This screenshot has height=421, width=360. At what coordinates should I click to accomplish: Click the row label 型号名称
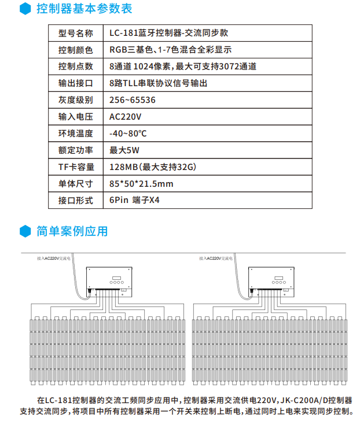pos(75,33)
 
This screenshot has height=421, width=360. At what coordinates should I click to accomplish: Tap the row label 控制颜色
pos(75,50)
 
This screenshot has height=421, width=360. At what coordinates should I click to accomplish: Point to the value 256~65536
pos(132,100)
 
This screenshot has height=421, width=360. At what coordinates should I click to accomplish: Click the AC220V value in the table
pos(125,117)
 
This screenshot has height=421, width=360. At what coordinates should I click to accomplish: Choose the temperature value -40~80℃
pos(128,134)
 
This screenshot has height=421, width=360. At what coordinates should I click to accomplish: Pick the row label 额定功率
pos(75,150)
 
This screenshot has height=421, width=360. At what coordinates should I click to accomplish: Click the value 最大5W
pos(124,150)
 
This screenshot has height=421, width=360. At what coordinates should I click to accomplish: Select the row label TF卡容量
pos(75,167)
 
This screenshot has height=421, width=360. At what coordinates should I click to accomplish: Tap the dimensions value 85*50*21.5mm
pos(141,184)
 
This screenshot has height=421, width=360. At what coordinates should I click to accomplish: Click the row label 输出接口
pos(75,83)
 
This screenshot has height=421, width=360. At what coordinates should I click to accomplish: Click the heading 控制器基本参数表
pos(84,9)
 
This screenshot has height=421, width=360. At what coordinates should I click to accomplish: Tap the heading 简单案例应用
pos(72,231)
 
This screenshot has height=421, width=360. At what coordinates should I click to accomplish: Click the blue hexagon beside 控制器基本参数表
pos(24,9)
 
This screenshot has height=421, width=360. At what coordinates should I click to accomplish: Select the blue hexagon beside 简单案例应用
pos(24,231)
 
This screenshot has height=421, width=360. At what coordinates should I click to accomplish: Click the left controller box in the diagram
pos(109,280)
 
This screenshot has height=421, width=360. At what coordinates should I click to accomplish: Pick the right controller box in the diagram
pos(271,280)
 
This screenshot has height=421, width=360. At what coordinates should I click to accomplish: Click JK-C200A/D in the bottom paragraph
pos(306,400)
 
